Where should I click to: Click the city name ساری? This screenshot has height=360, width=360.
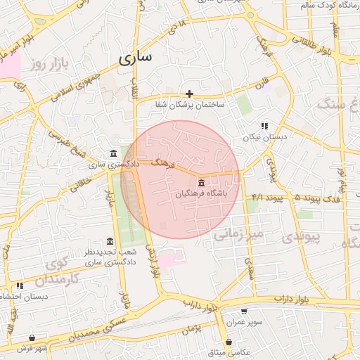[x=135, y=59]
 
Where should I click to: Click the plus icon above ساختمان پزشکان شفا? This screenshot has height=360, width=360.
[x=189, y=94]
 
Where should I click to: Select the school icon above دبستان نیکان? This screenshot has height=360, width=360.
[x=264, y=125]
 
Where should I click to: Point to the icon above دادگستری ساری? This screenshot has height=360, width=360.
[x=114, y=154]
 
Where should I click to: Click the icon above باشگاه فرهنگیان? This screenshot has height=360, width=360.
[x=202, y=183]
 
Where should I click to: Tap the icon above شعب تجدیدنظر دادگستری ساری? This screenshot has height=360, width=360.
[x=109, y=241]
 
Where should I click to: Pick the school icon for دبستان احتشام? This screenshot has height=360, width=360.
[x=20, y=285]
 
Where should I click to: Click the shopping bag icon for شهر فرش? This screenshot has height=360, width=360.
[x=32, y=338]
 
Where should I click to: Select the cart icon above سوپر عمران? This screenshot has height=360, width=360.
[x=244, y=311]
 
